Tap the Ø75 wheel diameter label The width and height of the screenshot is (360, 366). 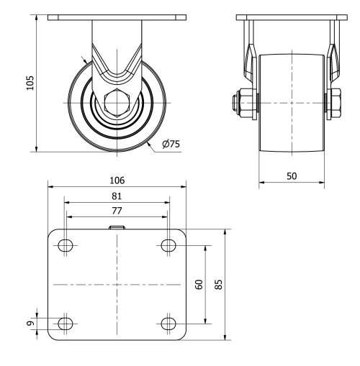coord(171,144)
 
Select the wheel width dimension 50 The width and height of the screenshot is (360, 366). coord(292,175)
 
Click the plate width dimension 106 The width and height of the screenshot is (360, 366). coord(117,180)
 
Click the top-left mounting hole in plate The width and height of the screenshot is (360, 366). coord(66,246)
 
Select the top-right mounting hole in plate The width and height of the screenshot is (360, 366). coord(168,246)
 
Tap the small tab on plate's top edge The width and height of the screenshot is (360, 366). coord(117,227)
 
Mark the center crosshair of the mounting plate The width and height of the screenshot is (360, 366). coord(117,285)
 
